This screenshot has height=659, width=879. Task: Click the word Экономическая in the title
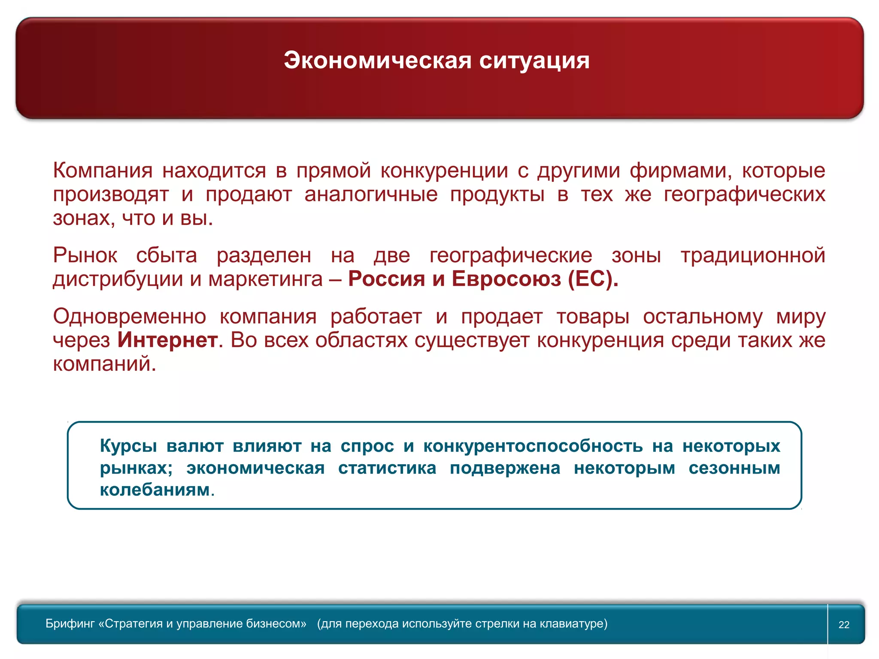(378, 60)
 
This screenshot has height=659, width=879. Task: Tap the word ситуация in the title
(534, 60)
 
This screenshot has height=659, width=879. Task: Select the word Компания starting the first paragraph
(103, 170)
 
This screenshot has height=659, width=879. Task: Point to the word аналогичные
(371, 194)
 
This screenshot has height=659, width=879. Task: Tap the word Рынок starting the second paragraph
(85, 255)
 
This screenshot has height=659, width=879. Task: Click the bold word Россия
(386, 279)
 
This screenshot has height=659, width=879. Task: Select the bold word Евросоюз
(506, 279)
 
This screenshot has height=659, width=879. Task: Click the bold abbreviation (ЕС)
(593, 279)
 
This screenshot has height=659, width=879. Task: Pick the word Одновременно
(129, 317)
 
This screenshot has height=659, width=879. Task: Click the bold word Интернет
(167, 340)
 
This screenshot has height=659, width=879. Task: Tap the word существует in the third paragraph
(473, 340)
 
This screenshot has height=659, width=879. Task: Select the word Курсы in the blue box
(128, 446)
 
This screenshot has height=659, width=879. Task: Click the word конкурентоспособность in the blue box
(533, 446)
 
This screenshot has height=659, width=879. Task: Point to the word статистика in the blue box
(387, 468)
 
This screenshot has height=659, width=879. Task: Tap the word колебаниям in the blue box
(155, 490)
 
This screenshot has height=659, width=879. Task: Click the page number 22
(844, 625)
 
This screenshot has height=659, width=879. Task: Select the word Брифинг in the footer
(70, 623)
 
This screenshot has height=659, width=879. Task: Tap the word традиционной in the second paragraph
(753, 255)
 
